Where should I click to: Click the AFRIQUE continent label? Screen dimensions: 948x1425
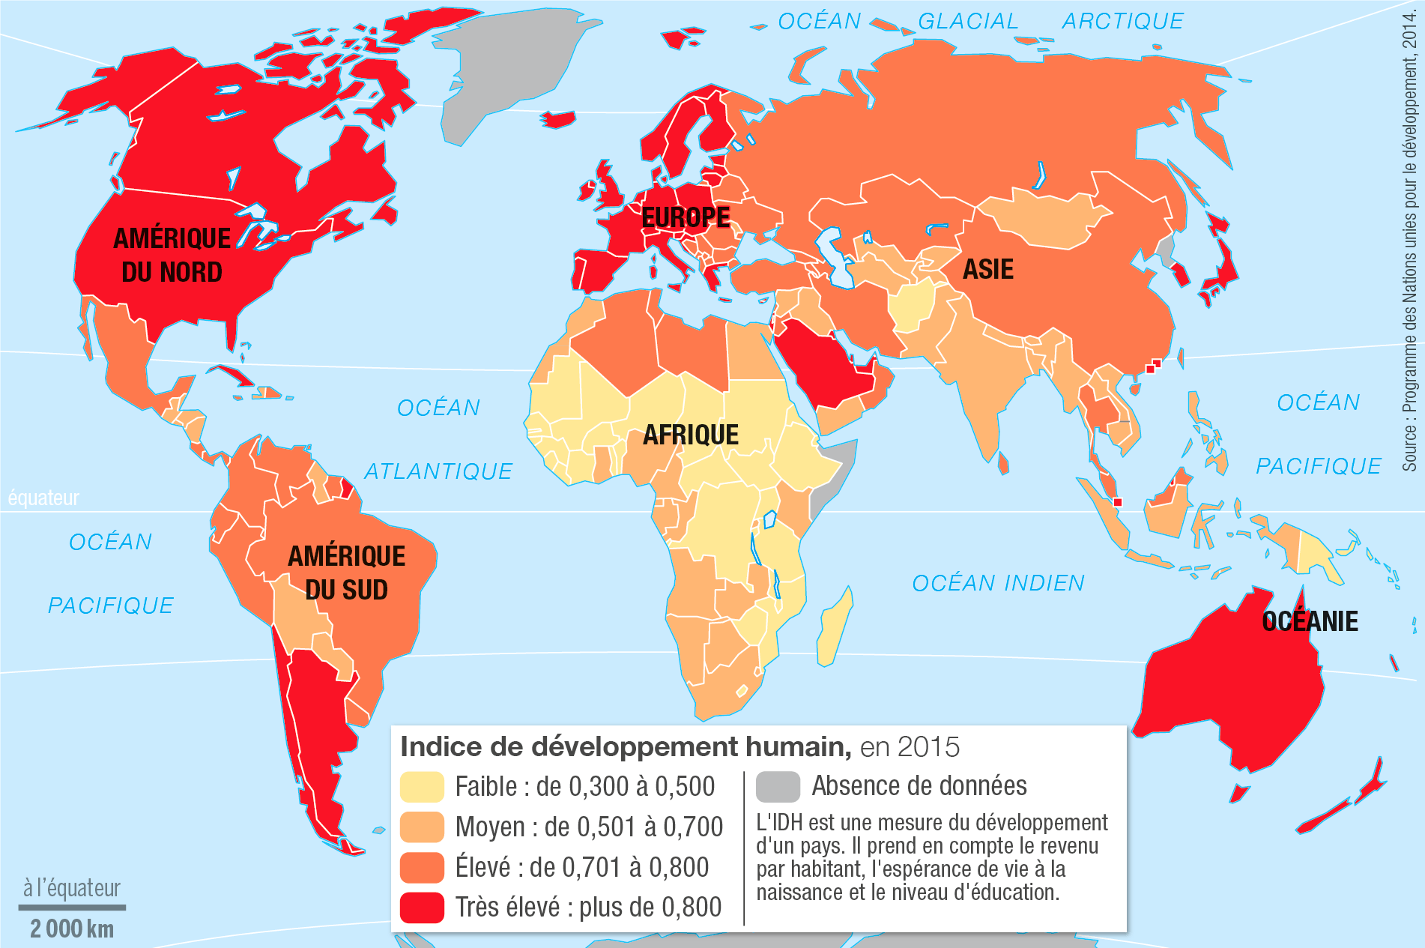click(690, 435)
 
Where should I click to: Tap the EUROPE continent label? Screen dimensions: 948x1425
click(686, 217)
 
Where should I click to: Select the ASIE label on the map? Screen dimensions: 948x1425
click(987, 269)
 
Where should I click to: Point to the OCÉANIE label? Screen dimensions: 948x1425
click(1310, 621)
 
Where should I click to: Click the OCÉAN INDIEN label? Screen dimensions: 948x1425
click(998, 583)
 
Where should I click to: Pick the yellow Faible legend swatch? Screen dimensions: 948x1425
click(422, 787)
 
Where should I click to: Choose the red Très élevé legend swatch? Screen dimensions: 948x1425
click(422, 908)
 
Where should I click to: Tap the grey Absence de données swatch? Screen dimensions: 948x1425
click(778, 787)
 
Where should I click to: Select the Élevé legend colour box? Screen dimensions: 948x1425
click(422, 868)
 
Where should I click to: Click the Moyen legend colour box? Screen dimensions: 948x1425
click(422, 827)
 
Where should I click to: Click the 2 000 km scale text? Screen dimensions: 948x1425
click(72, 929)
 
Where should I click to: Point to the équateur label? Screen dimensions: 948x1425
click(43, 498)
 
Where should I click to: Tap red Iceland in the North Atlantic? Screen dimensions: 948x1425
click(558, 119)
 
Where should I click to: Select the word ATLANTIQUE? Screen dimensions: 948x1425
click(438, 471)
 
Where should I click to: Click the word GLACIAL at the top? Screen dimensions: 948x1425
click(968, 22)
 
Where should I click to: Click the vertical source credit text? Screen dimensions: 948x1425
click(1411, 240)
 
